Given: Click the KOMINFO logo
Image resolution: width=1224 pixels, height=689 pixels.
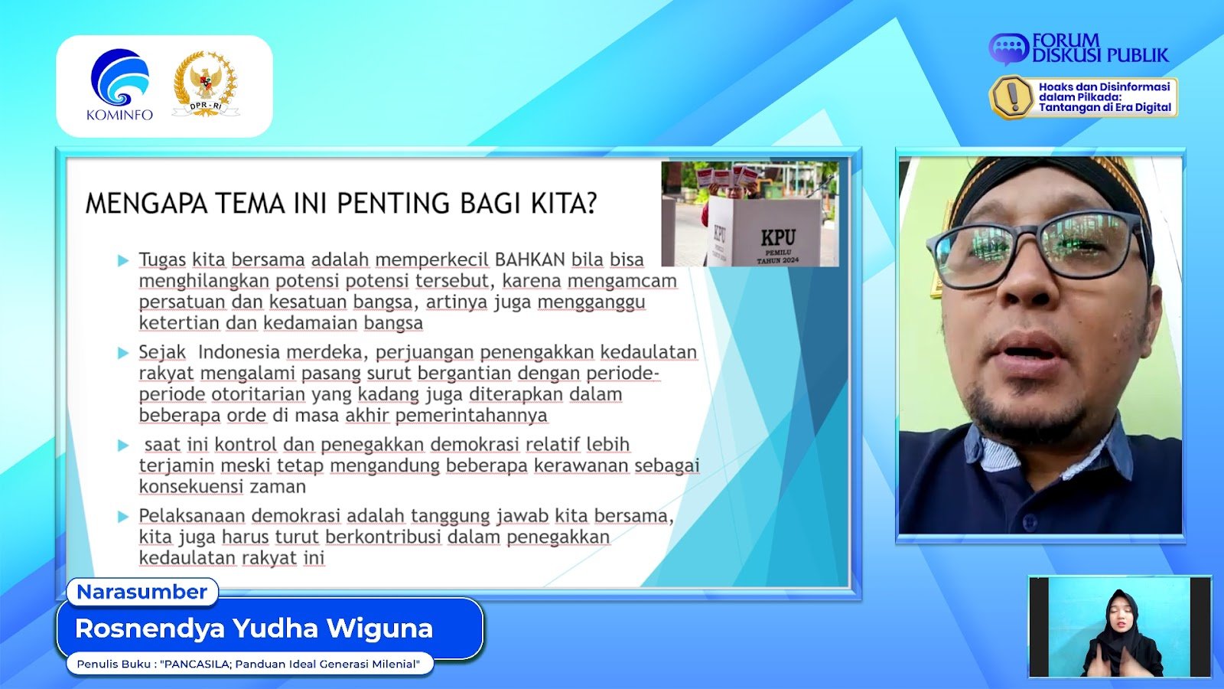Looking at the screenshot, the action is coord(119,84).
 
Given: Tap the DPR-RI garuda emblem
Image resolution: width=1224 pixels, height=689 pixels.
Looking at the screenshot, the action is coord(206,83).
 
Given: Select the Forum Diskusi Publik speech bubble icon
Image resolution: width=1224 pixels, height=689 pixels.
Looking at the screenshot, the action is coord(1009,49).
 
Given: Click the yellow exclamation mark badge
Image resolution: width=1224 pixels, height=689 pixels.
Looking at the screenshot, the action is coord(1012,97).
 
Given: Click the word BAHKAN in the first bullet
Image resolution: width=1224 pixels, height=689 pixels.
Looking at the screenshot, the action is coord(529,260).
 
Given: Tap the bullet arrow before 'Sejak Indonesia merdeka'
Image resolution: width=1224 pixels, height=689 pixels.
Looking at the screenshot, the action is coord(123,353).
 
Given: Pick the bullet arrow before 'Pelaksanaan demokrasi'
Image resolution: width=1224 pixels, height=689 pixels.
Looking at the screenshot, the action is coord(123,516).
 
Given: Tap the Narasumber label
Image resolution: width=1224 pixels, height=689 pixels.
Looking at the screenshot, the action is coord(142,592).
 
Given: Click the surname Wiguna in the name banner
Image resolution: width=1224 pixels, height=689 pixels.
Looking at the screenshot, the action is coord(379,629).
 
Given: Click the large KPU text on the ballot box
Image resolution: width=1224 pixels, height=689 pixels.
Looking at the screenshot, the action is coord(778,237).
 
